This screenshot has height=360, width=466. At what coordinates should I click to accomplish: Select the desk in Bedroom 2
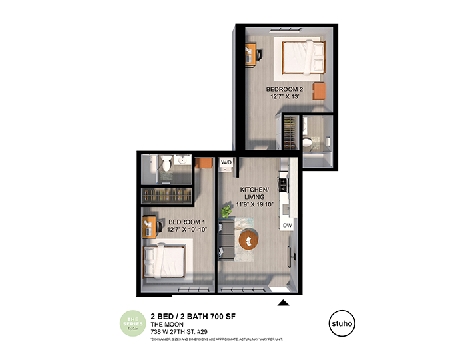click(250, 53)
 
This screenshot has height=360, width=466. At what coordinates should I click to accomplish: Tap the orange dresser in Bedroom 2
click(320, 91)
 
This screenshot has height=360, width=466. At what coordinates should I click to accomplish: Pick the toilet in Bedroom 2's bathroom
click(307, 142)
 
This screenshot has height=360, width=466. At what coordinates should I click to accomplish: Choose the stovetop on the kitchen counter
click(282, 180)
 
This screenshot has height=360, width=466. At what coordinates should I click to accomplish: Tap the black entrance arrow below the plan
click(283, 303)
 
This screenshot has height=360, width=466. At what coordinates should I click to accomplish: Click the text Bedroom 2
click(284, 89)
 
